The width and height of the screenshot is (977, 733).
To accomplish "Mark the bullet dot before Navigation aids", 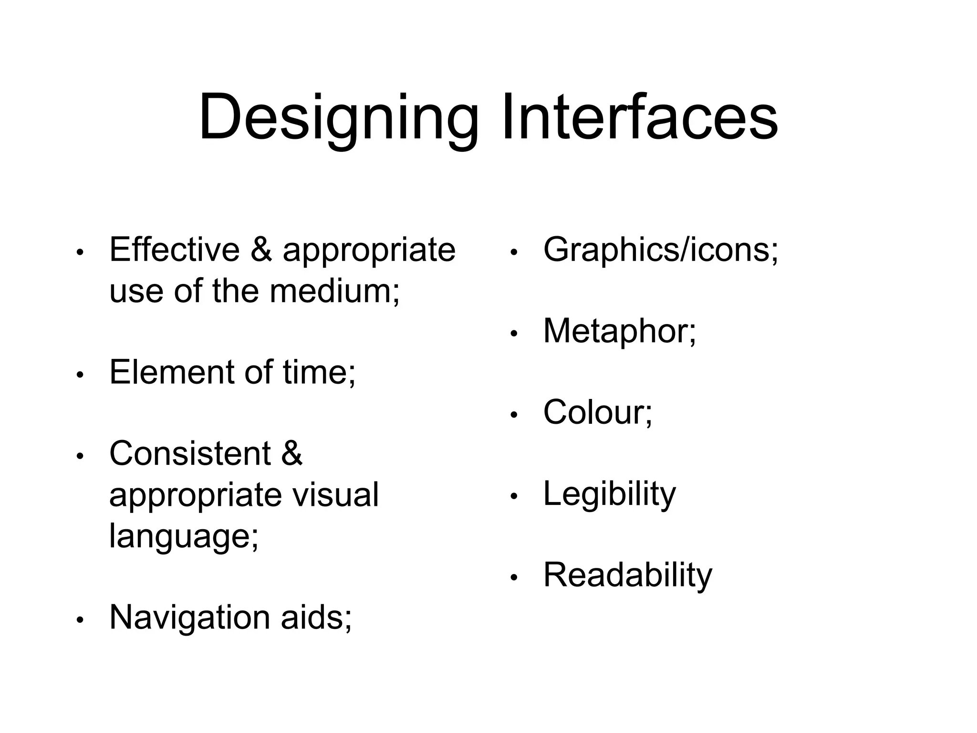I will pos(80,620).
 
